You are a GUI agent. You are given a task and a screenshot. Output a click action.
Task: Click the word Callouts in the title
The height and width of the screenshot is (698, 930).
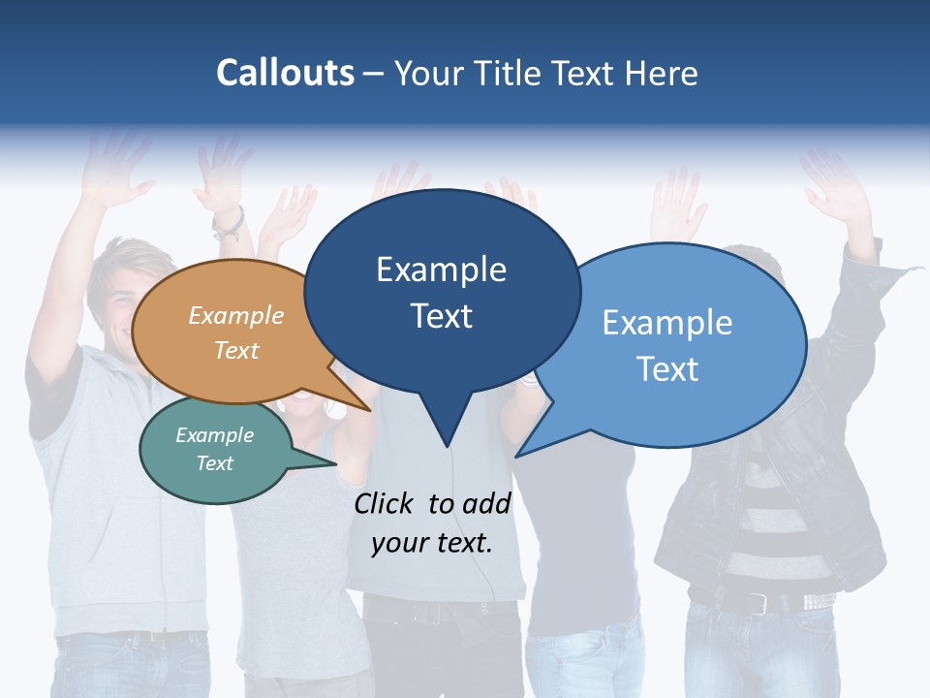point(285,73)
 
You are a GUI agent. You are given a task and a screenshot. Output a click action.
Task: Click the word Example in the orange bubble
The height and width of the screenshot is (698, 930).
point(236,316)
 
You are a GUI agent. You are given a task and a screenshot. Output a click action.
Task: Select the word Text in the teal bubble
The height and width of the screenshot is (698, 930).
point(215,463)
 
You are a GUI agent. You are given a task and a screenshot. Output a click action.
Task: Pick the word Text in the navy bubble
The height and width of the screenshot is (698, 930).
point(442,316)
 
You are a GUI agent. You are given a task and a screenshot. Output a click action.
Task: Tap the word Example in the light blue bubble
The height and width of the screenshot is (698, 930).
point(667,323)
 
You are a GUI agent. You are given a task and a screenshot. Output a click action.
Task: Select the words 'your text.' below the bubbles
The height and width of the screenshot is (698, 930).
point(432,543)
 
